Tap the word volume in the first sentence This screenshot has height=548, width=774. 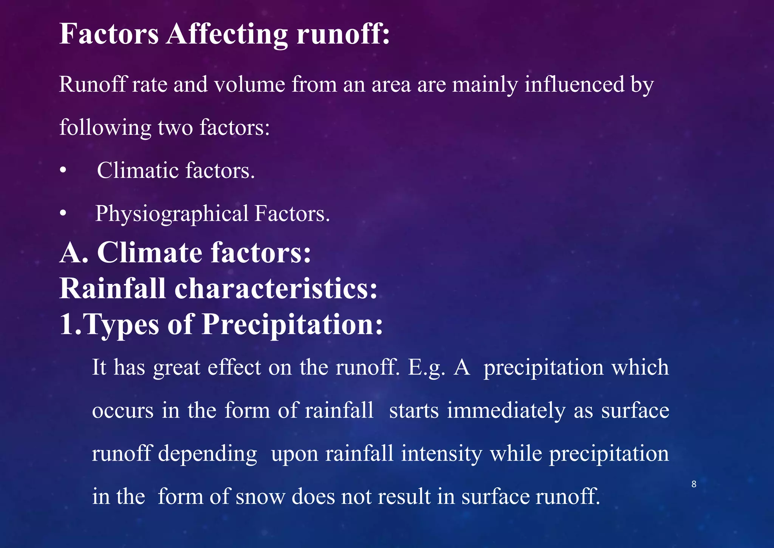click(x=249, y=84)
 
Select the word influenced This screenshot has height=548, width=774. click(x=574, y=84)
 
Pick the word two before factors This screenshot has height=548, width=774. click(x=175, y=128)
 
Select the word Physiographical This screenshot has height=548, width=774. click(x=172, y=214)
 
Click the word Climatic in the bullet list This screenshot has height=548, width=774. click(x=138, y=171)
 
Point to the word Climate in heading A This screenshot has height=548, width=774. click(x=150, y=252)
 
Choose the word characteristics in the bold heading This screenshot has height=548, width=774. click(x=276, y=289)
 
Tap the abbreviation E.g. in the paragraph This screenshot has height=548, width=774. click(x=426, y=368)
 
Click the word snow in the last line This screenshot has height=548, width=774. click(x=260, y=497)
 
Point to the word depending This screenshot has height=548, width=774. click(x=207, y=454)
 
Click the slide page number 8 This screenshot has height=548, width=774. click(x=694, y=484)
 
